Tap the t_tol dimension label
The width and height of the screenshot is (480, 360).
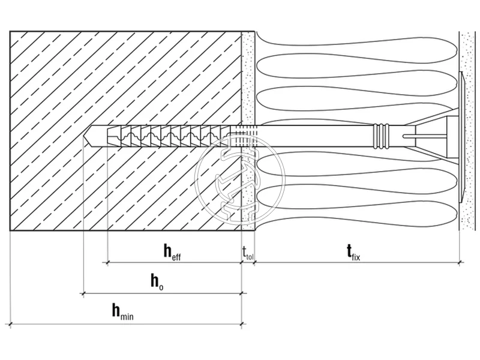[248, 253]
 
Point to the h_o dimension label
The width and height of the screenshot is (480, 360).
[157, 282]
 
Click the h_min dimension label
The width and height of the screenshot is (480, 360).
[122, 311]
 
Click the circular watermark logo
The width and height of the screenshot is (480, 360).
[240, 176]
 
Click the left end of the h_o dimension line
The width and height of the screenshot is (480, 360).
[83, 293]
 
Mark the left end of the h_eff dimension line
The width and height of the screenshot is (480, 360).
[107, 262]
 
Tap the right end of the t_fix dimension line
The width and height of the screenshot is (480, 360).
[460, 262]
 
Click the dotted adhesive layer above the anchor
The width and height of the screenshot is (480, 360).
[248, 78]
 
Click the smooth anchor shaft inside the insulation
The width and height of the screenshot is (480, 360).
[318, 136]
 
